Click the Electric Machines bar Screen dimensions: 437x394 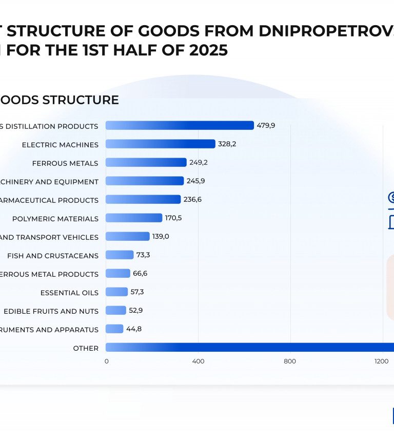click(x=160, y=144)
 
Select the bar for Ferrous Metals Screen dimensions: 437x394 click(x=146, y=162)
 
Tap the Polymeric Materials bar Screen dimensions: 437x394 click(x=133, y=218)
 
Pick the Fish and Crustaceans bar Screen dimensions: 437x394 click(x=120, y=255)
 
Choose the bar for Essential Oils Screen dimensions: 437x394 click(x=116, y=292)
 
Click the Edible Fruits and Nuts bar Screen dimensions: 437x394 click(x=115, y=310)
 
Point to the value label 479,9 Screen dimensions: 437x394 click(x=266, y=125)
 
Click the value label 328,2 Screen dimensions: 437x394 click(x=227, y=144)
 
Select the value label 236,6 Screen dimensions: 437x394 click(x=192, y=199)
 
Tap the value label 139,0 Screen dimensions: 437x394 click(x=161, y=236)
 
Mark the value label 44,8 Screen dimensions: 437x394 click(x=134, y=329)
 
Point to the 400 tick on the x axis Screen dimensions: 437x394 click(x=198, y=361)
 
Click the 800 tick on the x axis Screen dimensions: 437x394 click(x=290, y=361)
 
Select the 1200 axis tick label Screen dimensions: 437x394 click(x=381, y=361)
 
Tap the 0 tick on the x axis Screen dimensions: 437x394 click(x=106, y=361)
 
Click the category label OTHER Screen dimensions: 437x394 click(x=86, y=348)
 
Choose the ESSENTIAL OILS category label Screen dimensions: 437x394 click(x=69, y=293)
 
